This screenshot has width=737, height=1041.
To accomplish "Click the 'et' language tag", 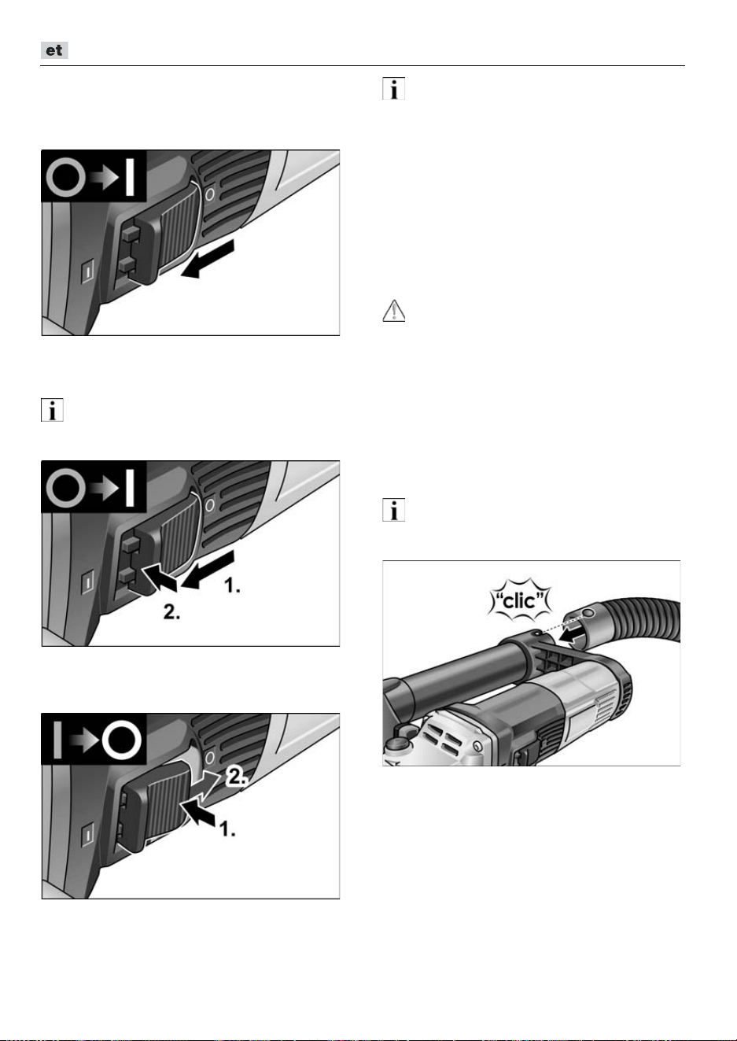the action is [x=54, y=50].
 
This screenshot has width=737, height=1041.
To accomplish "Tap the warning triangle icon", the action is [x=393, y=311].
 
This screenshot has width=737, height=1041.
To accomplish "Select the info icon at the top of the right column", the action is [x=393, y=89].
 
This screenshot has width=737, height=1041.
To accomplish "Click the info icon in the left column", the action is [x=52, y=410].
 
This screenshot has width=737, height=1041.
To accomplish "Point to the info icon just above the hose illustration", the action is [x=393, y=510].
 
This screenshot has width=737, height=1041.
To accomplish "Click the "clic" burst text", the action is [x=520, y=600].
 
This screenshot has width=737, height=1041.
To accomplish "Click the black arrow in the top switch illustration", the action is [x=208, y=260].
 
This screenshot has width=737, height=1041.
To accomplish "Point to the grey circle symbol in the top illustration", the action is [x=65, y=177].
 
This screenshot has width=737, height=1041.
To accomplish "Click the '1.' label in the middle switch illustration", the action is [x=232, y=585].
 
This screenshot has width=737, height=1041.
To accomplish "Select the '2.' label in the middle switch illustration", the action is [x=171, y=611].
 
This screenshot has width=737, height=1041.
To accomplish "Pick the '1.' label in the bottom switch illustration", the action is [x=227, y=829].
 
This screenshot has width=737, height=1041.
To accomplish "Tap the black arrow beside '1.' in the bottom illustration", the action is [x=197, y=814].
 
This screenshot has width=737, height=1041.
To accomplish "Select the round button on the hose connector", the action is [x=588, y=614].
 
